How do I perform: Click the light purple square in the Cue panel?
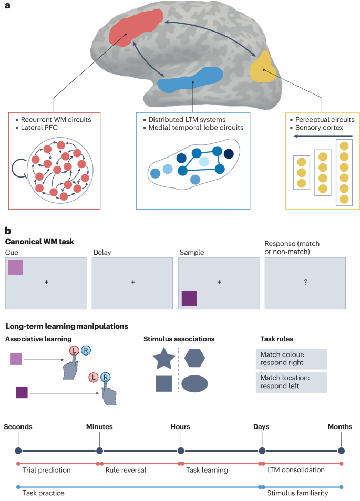15,267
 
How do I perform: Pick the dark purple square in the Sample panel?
189,298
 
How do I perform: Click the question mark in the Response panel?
305,283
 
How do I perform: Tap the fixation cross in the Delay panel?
133,283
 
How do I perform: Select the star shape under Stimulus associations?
163,360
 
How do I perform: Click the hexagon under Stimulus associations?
194,359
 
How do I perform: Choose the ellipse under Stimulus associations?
194,384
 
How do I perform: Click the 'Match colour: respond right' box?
291,359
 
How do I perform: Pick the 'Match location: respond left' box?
291,382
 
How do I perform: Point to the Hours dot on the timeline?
181,451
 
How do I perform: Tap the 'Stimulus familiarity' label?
297,493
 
